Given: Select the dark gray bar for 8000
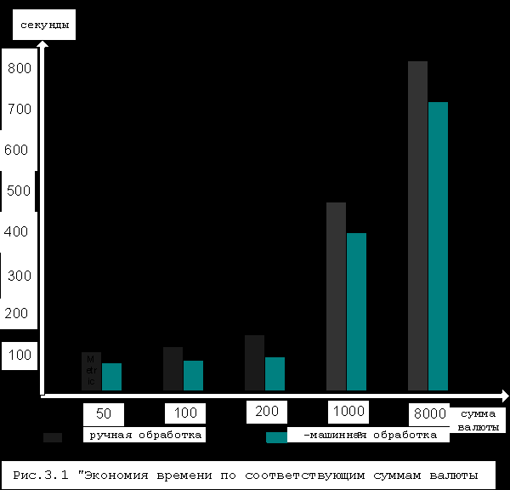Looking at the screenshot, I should pyautogui.click(x=417, y=225).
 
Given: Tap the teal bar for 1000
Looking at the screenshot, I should pyautogui.click(x=356, y=311).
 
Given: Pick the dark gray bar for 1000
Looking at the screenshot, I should pyautogui.click(x=336, y=295).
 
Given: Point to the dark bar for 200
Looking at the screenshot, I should pyautogui.click(x=254, y=362).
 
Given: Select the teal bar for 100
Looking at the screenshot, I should pyautogui.click(x=193, y=374).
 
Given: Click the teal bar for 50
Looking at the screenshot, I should pyautogui.click(x=111, y=376).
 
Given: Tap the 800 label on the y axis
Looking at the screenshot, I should pyautogui.click(x=19, y=69).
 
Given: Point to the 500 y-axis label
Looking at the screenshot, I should pyautogui.click(x=19, y=191).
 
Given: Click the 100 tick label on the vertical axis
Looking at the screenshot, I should pyautogui.click(x=19, y=355).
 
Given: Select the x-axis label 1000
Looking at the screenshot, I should pyautogui.click(x=348, y=412).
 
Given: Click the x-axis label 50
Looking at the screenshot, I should pyautogui.click(x=104, y=414).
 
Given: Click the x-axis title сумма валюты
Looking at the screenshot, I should pyautogui.click(x=478, y=419).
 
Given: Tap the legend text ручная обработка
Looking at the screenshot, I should pyautogui.click(x=144, y=435).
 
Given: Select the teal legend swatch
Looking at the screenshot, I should pyautogui.click(x=276, y=437).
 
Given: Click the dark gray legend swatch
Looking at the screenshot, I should pyautogui.click(x=53, y=437).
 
